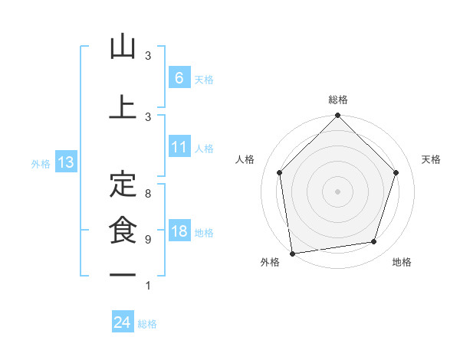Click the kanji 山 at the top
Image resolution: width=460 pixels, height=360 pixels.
coord(123,47)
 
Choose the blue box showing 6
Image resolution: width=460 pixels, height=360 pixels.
coord(179,77)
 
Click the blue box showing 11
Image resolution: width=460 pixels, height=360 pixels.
coord(179,147)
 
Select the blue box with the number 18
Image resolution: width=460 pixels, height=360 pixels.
coord(179,231)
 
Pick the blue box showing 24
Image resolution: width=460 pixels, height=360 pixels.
coord(123,322)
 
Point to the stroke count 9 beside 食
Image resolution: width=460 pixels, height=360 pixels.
coord(148,240)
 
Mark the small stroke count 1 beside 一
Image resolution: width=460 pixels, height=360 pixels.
coord(148,286)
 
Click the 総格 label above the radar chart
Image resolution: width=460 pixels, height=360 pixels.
coord(338,100)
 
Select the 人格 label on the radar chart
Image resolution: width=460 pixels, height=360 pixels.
coord(245,159)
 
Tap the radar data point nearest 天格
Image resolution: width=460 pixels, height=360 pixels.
coord(396,172)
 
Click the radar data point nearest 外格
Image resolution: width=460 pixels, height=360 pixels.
coord(292,253)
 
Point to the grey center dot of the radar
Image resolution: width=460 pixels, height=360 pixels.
coord(338,191)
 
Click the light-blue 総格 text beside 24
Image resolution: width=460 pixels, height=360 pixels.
coord(147,324)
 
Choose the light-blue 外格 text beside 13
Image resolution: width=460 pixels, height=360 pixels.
coord(40,163)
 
